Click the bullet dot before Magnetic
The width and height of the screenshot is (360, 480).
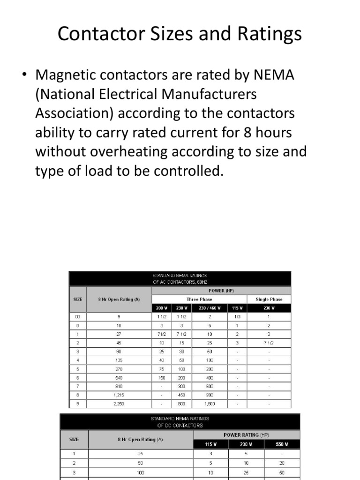point(26,75)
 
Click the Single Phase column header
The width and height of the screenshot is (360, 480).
point(269,299)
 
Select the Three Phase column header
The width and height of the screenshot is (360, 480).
point(199,299)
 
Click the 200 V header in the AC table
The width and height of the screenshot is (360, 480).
point(161,308)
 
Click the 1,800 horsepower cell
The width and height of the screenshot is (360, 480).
point(210,403)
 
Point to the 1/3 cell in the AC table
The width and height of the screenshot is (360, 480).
point(237,316)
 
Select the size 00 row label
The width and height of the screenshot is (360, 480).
point(77,316)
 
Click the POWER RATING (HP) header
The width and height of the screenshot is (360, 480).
point(246,435)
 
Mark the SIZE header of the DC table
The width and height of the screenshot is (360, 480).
point(74,439)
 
